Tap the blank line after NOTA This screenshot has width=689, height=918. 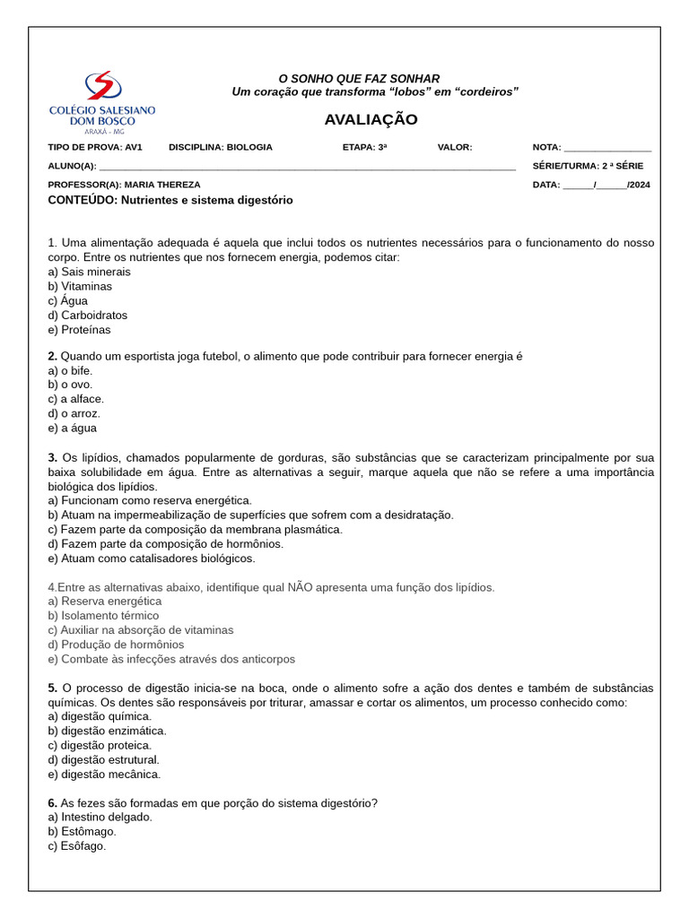coord(607,149)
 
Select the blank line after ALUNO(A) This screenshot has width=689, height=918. coord(307,167)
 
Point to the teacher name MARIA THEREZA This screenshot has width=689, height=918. coord(162,185)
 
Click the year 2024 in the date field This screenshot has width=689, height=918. coord(640,185)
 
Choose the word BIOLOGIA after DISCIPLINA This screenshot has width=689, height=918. coord(249,147)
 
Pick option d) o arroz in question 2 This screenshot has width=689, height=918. coord(74,413)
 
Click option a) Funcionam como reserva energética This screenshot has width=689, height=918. coord(150,500)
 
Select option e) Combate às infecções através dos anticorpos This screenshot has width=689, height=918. coord(171,659)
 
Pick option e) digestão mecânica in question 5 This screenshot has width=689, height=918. coord(104,775)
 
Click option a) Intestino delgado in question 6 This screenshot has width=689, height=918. coord(100,818)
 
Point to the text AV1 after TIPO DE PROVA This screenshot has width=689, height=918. coord(134,147)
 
